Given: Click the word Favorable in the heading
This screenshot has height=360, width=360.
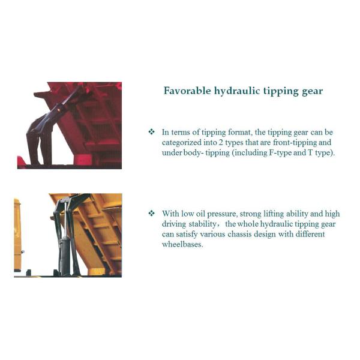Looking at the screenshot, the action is pyautogui.click(x=187, y=91).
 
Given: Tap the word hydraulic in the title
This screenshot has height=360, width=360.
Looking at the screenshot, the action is pyautogui.click(x=237, y=91).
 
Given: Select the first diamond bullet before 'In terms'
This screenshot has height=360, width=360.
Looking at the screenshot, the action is pyautogui.click(x=152, y=132).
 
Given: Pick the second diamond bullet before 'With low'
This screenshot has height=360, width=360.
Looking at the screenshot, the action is pyautogui.click(x=152, y=213).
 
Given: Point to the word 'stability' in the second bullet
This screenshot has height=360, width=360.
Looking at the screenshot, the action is pyautogui.click(x=203, y=224).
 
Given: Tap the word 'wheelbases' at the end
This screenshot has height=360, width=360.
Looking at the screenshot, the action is pyautogui.click(x=182, y=244).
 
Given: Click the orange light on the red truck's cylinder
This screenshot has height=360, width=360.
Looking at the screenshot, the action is pyautogui.click(x=59, y=110).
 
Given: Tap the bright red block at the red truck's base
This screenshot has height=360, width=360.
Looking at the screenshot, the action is pyautogui.click(x=83, y=160).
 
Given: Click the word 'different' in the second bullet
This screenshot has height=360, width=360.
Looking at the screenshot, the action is pyautogui.click(x=310, y=234).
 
